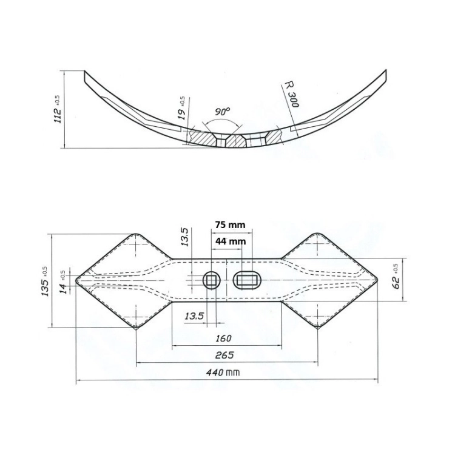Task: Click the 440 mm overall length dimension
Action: pyautogui.click(x=223, y=372)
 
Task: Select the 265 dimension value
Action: pyautogui.click(x=224, y=356)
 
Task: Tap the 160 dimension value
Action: pyautogui.click(x=223, y=339)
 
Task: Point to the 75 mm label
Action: pyautogui.click(x=230, y=225)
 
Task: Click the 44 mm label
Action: pyautogui.click(x=230, y=241)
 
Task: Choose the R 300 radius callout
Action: pyautogui.click(x=291, y=94)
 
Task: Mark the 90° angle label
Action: pyautogui.click(x=223, y=112)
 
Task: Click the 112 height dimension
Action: pyautogui.click(x=58, y=109)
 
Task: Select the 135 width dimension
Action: pyautogui.click(x=45, y=281)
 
